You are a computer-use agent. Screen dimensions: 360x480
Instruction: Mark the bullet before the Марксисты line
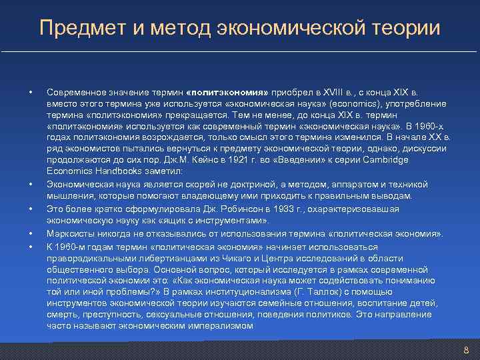[31, 233]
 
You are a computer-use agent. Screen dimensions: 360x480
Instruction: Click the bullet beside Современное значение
[31, 91]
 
